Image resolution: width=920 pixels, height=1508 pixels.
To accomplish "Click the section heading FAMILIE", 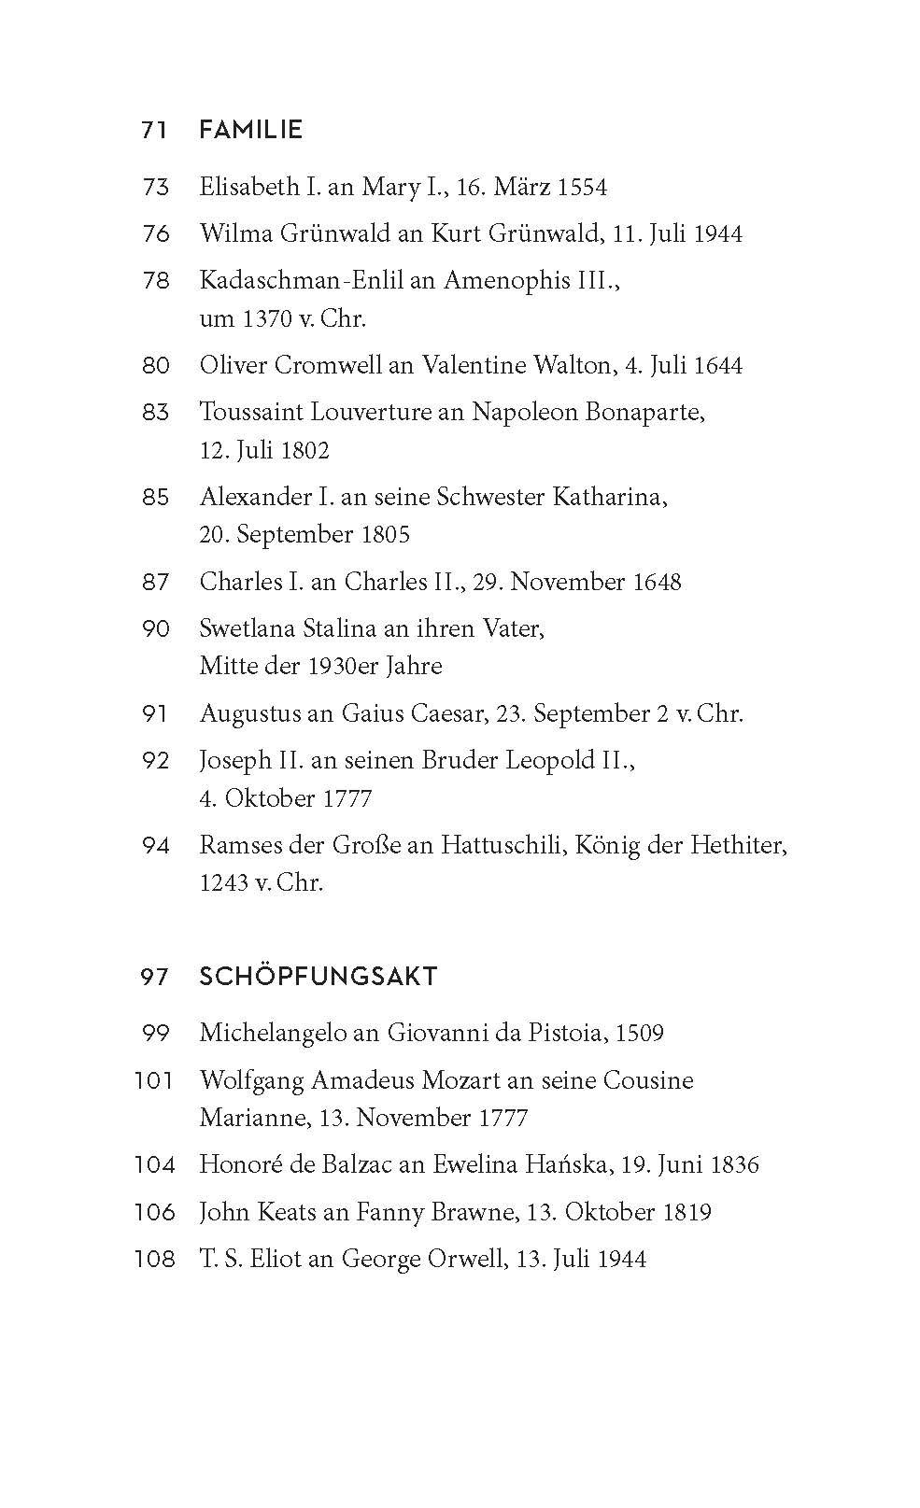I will [x=250, y=130].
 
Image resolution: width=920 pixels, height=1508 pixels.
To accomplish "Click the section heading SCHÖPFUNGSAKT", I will [x=318, y=977].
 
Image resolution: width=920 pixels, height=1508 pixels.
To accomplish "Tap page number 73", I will [x=156, y=188].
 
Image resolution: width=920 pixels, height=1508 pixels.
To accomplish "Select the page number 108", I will [x=155, y=1260].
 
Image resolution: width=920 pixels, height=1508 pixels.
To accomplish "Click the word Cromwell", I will [x=327, y=365].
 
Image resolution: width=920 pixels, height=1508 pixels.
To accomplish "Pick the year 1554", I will [x=582, y=188].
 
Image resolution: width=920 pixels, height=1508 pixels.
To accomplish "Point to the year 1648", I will [x=657, y=582].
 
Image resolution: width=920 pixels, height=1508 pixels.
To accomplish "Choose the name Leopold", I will [x=550, y=761].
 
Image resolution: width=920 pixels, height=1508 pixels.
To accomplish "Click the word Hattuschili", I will [x=502, y=846].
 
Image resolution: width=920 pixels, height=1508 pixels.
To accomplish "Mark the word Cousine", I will [x=647, y=1081].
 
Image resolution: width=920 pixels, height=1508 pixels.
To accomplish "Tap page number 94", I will [x=156, y=846].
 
